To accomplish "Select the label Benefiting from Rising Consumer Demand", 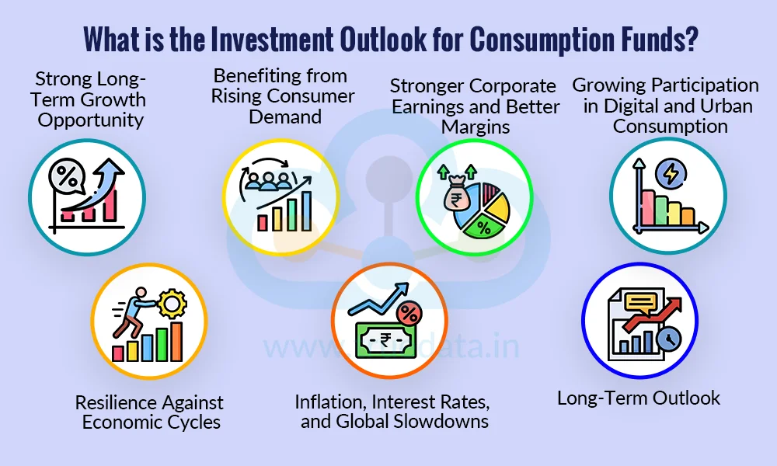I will (284, 96).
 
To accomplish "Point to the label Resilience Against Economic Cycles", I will (149, 412).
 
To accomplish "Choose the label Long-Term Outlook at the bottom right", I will (639, 398).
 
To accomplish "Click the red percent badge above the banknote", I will (409, 314).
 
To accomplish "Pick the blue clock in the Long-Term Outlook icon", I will (666, 338).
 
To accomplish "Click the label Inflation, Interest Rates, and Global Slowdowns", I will (392, 412).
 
